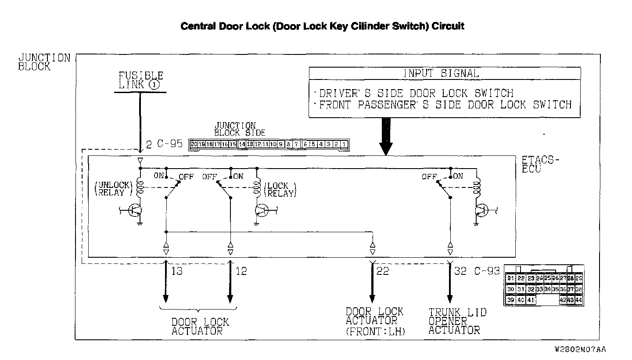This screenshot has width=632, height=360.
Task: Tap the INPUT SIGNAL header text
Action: (441, 73)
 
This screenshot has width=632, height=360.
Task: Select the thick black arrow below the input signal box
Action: (385, 136)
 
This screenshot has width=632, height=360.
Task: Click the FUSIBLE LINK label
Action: (140, 80)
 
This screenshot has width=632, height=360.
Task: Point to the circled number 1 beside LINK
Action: (154, 85)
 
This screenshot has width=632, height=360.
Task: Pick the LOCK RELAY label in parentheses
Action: (280, 189)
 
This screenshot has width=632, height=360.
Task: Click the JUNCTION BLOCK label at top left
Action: (44, 62)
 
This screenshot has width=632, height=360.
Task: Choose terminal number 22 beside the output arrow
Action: (383, 271)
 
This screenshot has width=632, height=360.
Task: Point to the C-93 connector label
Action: (487, 271)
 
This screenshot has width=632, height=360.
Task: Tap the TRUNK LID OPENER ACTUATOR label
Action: (457, 321)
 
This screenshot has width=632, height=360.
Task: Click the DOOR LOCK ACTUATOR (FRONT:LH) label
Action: (374, 321)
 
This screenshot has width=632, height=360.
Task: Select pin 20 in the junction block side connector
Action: (194, 144)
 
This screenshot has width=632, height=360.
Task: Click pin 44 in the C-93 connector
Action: (578, 300)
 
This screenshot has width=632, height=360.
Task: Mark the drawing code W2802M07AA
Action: (580, 349)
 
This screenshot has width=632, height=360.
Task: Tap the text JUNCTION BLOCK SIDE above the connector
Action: (239, 129)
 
